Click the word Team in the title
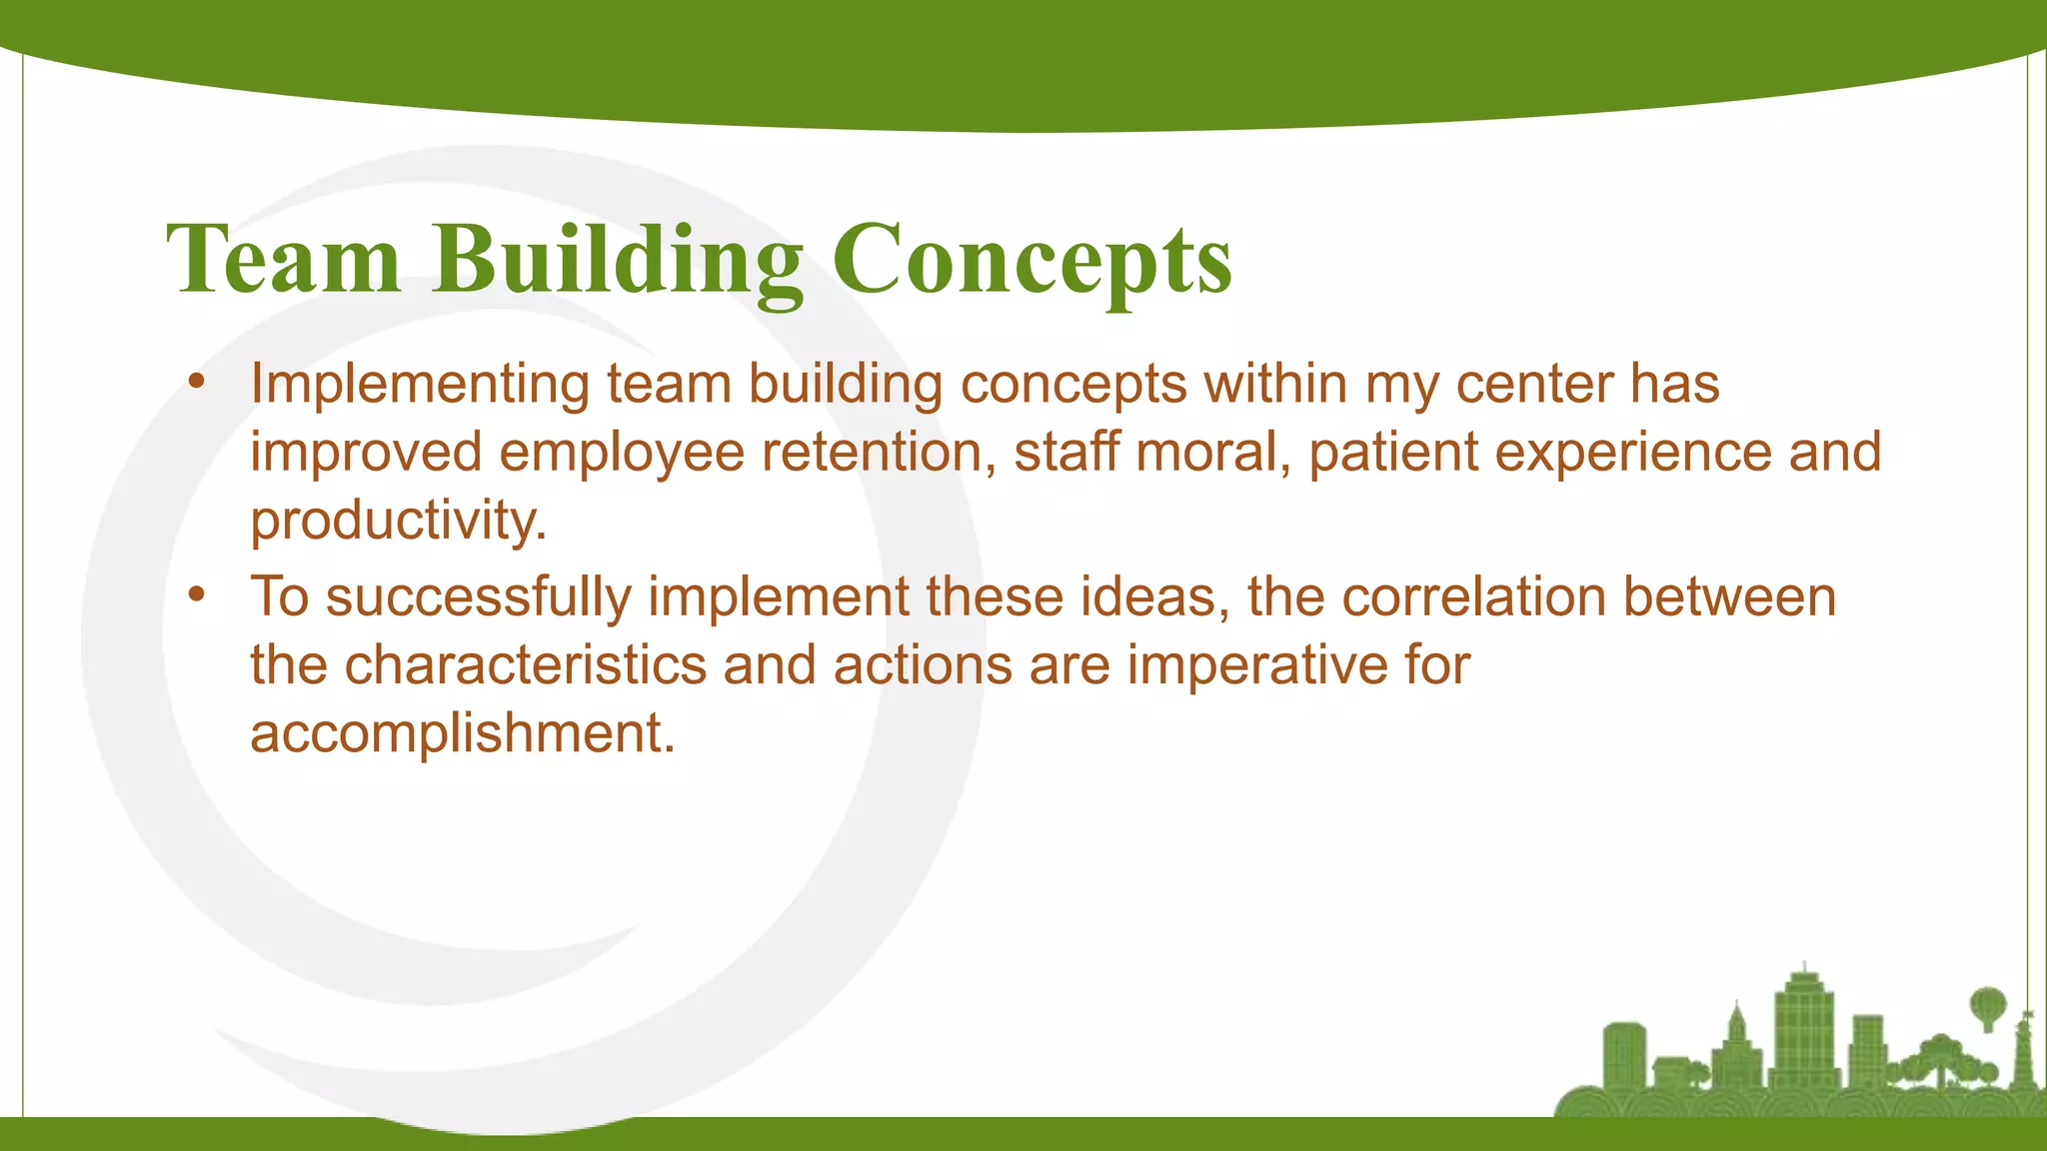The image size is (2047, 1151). click(284, 260)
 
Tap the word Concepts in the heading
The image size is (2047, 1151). click(1031, 260)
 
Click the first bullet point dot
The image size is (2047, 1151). click(196, 382)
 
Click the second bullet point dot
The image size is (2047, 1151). click(196, 595)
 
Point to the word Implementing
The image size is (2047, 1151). click(420, 385)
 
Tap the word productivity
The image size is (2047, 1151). click(398, 521)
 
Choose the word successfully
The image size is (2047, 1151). click(478, 597)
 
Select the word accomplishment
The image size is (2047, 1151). click(462, 733)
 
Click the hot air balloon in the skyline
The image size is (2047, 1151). click(1987, 1004)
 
